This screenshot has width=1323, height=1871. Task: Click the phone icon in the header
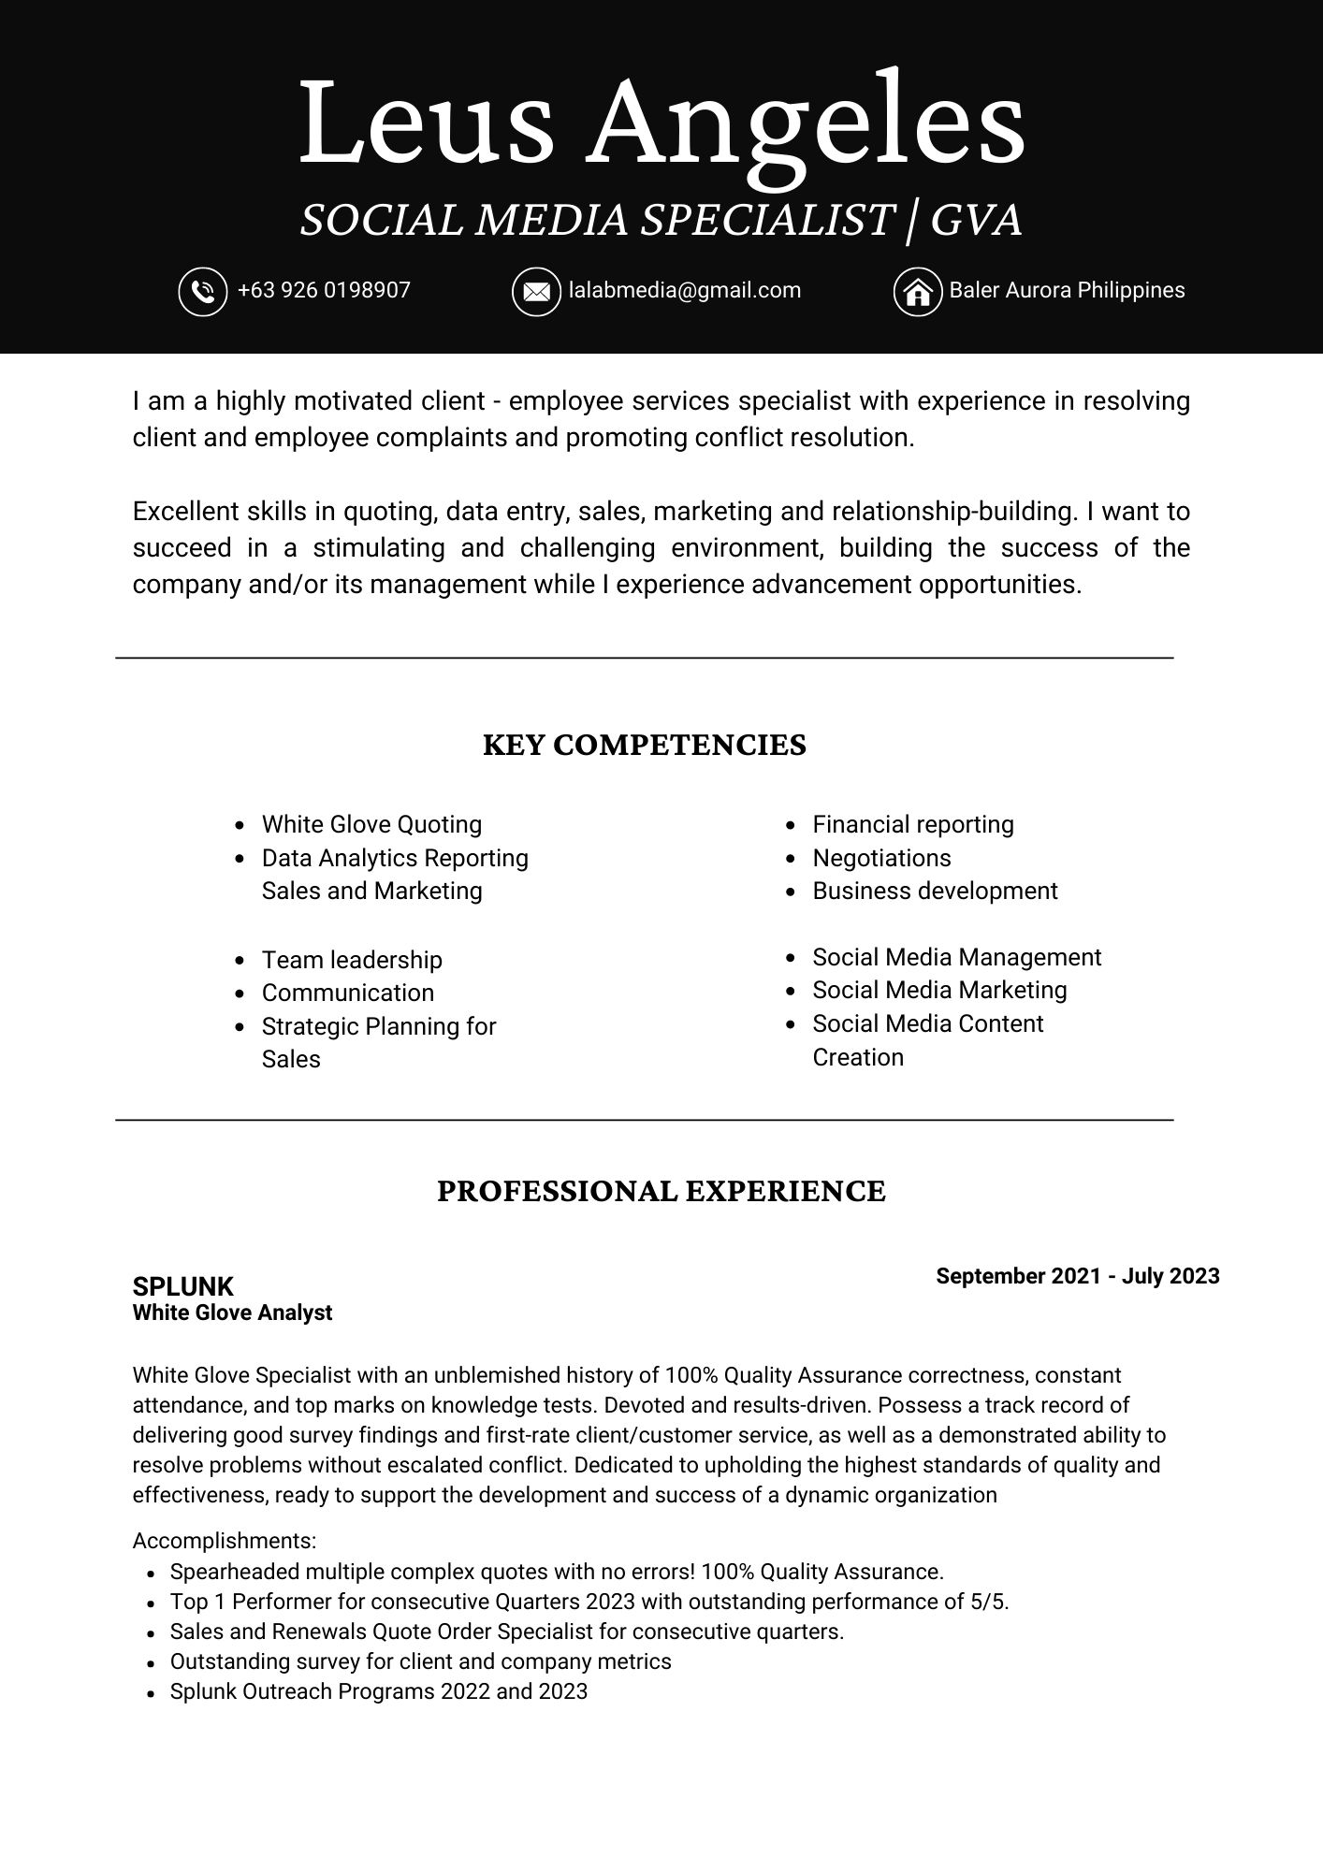[x=203, y=292]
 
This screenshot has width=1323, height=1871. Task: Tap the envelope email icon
[x=536, y=292]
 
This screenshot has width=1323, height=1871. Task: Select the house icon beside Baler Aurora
[x=918, y=292]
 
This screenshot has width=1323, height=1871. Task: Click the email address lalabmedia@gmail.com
[x=685, y=290]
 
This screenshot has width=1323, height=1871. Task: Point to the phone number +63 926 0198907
[x=324, y=290]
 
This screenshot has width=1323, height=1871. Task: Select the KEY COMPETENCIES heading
[x=644, y=746]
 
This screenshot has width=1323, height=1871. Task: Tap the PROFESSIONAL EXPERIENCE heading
[x=661, y=1192]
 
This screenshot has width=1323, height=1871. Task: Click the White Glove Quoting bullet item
[x=371, y=824]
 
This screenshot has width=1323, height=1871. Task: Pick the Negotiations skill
[x=881, y=858]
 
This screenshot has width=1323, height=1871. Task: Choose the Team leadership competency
[x=352, y=960]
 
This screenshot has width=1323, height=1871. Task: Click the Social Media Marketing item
[x=939, y=990]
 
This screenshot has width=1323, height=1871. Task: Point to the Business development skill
[x=935, y=891]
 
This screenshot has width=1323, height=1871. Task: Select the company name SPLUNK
[x=183, y=1286]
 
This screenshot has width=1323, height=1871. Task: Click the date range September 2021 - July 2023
[x=1077, y=1276]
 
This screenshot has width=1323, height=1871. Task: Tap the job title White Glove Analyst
[x=232, y=1313]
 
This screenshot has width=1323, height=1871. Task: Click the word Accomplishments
[x=225, y=1541]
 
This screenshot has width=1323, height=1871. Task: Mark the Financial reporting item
[x=913, y=824]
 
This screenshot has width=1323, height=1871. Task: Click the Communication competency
[x=348, y=993]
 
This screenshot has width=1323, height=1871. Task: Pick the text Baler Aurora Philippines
[x=1067, y=290]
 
